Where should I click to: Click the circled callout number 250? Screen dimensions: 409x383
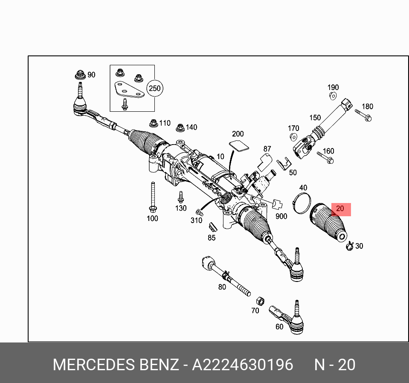[154, 89]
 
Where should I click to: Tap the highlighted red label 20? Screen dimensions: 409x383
[340, 209]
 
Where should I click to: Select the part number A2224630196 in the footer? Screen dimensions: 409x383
[242, 365]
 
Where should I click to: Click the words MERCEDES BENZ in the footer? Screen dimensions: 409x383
[116, 365]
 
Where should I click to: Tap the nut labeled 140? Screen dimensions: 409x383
[180, 127]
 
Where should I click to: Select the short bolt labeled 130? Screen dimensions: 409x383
[180, 197]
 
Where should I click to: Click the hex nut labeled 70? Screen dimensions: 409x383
[259, 299]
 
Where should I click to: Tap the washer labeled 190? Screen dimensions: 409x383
[333, 96]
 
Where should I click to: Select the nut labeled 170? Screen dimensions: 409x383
[293, 137]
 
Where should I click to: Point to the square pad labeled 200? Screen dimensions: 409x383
[239, 145]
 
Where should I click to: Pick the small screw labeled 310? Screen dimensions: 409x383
[198, 212]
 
